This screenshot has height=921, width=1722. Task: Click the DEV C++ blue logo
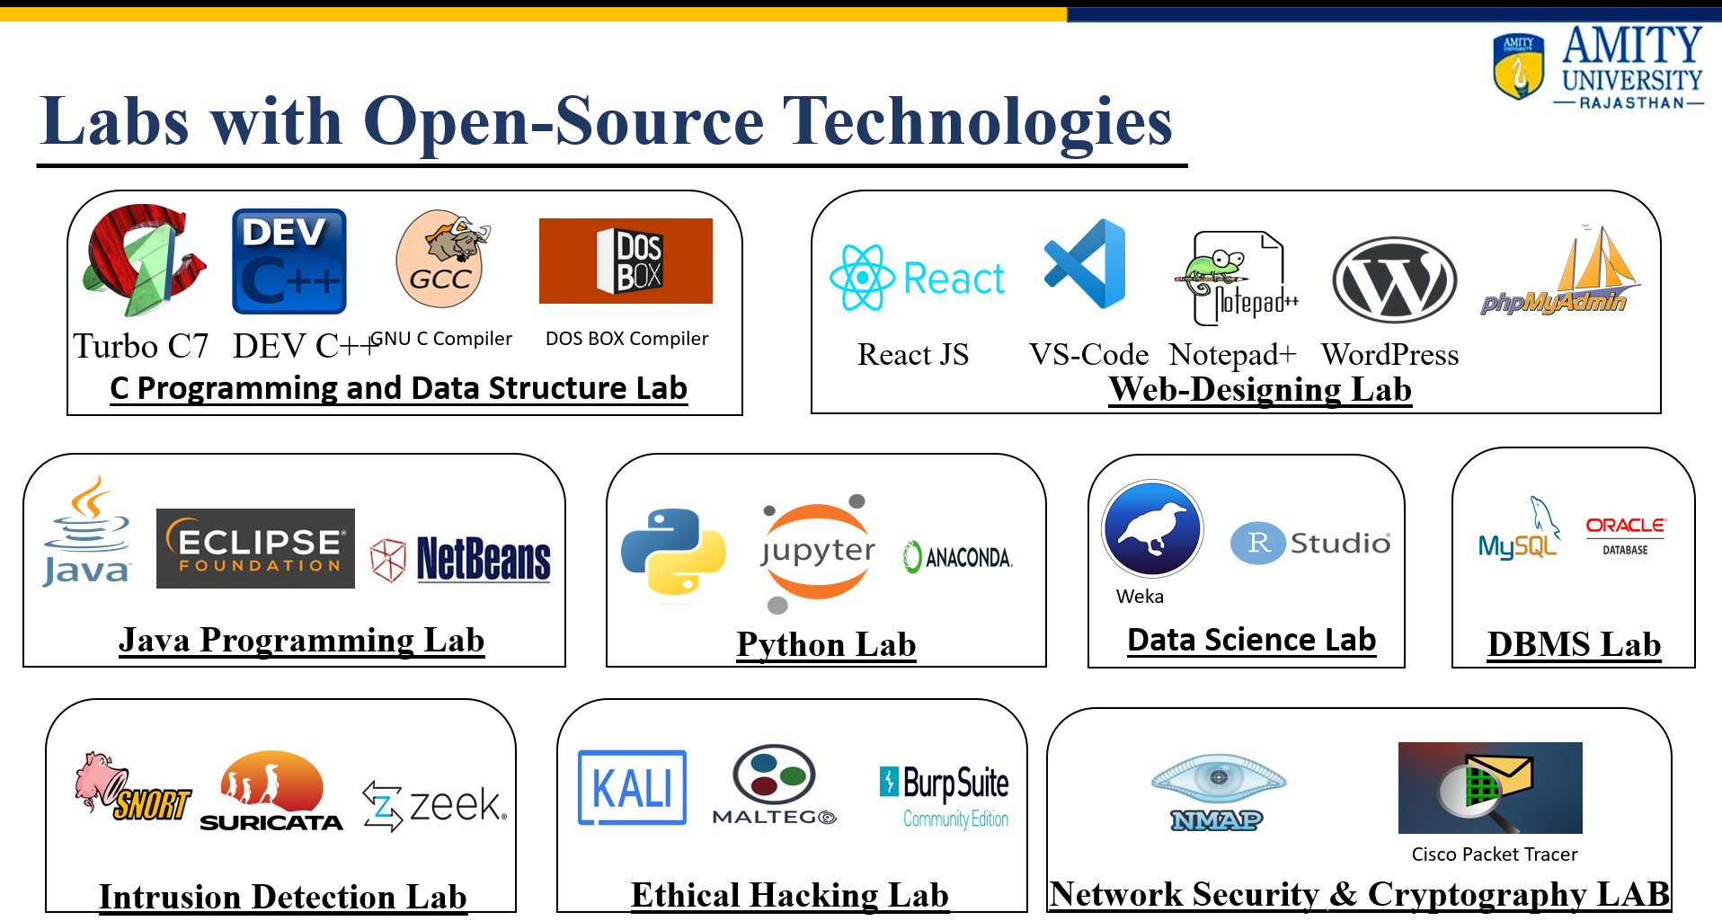tap(289, 261)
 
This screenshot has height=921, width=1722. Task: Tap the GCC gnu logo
tap(442, 259)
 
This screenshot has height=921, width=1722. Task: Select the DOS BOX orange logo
tap(626, 261)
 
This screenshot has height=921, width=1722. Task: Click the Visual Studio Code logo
tap(1085, 263)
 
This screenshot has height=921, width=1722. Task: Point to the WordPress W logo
tap(1394, 280)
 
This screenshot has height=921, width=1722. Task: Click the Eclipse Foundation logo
tap(255, 548)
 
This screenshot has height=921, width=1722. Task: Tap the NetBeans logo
tap(460, 559)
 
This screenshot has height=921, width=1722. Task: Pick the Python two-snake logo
tap(673, 552)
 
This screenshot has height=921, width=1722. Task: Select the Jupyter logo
tap(816, 552)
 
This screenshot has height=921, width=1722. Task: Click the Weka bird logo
tap(1152, 528)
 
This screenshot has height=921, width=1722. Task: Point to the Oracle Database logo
tap(1625, 536)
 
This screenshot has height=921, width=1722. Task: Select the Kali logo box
tap(632, 787)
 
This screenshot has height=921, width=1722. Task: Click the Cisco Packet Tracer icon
tap(1490, 788)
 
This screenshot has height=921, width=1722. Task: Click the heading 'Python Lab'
tap(826, 644)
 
